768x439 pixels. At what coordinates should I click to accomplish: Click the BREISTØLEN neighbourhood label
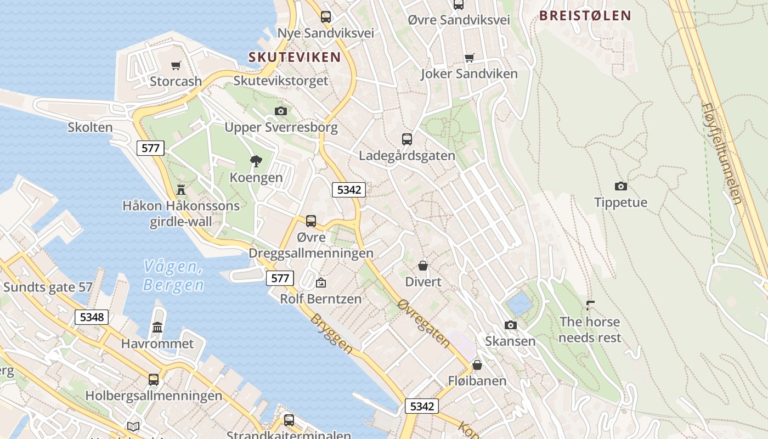tap(585, 15)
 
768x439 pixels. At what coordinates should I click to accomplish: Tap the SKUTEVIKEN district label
tap(295, 57)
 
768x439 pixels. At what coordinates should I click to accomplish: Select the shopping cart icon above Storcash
tap(176, 66)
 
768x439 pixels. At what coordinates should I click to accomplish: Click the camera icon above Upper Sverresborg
tap(281, 111)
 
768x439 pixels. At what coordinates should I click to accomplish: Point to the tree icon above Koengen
tap(256, 161)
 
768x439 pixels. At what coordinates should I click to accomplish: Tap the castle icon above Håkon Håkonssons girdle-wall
tap(181, 190)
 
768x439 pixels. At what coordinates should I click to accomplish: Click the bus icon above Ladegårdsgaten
tap(406, 139)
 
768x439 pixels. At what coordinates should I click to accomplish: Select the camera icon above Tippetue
tap(620, 187)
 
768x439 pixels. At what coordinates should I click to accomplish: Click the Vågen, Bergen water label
tap(173, 276)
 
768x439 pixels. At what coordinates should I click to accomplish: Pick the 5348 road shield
tap(92, 317)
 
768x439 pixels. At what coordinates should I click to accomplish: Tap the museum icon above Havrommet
tap(157, 328)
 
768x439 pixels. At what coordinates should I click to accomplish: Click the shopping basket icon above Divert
tap(423, 266)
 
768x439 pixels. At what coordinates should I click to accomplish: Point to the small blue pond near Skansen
tap(519, 303)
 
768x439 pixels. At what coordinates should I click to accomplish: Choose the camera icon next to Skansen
tap(511, 325)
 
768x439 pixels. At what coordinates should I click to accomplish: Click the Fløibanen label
tap(477, 380)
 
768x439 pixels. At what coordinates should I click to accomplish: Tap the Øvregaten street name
tap(424, 323)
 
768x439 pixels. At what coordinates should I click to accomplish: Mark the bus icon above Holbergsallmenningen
tap(154, 379)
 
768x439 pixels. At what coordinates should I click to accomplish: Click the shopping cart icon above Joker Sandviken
tap(469, 58)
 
